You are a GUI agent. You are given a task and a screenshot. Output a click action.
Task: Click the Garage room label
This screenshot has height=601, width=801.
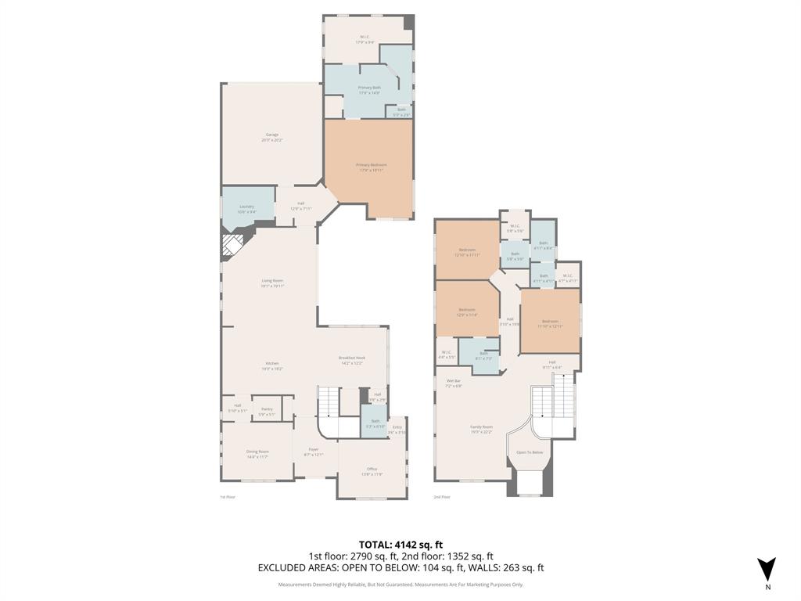click(x=271, y=137)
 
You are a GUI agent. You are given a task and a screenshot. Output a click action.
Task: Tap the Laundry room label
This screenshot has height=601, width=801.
click(x=247, y=208)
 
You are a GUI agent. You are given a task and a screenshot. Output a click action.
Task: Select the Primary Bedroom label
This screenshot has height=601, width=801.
click(x=371, y=167)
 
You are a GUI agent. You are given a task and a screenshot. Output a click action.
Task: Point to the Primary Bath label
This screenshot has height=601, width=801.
click(x=368, y=89)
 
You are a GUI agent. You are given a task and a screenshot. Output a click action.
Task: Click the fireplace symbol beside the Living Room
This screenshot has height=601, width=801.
click(x=232, y=247)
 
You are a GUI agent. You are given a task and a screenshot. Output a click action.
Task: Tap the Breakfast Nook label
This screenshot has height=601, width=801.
click(x=352, y=359)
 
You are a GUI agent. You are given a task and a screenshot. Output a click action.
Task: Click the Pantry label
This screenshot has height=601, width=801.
click(x=267, y=411)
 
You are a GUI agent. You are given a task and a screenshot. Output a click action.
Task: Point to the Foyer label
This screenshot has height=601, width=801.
click(x=313, y=452)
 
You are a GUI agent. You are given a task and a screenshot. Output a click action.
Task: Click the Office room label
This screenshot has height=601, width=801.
click(x=372, y=471)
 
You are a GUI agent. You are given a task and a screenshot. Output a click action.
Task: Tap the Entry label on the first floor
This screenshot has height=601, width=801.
click(x=397, y=429)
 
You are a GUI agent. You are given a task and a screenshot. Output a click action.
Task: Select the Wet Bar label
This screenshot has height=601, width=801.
click(x=454, y=383)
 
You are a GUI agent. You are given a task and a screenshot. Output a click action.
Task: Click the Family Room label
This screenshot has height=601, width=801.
click(x=481, y=430)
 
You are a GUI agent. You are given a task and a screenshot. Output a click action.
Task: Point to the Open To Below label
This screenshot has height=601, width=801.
click(x=530, y=452)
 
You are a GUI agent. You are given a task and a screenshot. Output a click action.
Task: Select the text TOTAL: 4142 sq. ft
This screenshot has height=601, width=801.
click(x=400, y=545)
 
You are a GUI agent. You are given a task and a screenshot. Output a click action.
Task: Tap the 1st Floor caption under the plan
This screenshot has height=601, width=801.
click(x=228, y=497)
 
